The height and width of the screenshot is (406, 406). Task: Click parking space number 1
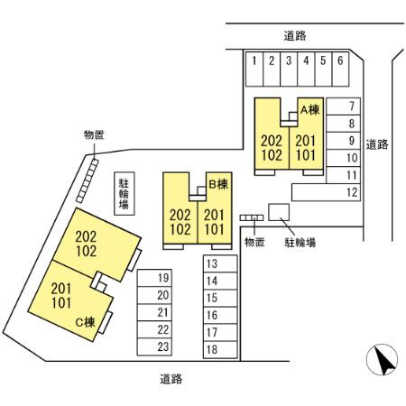click(x=254, y=69)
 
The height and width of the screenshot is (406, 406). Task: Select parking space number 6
click(x=340, y=69)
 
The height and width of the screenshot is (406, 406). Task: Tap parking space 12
click(x=326, y=192)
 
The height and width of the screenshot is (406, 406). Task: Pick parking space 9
click(x=343, y=141)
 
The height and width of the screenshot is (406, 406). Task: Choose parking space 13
click(x=220, y=263)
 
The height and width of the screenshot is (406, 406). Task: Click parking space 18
click(x=220, y=350)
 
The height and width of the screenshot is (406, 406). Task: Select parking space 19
click(x=154, y=278)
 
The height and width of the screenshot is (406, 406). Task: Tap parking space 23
click(x=154, y=346)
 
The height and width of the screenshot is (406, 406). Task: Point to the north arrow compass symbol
click(x=382, y=360)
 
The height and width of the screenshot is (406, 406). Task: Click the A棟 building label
click(x=309, y=110)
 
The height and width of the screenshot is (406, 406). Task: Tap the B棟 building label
click(x=218, y=184)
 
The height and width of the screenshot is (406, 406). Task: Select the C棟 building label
click(x=86, y=322)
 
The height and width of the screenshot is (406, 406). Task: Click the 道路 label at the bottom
click(x=171, y=379)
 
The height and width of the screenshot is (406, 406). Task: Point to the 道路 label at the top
click(x=295, y=36)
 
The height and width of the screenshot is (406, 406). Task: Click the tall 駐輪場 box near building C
click(x=125, y=193)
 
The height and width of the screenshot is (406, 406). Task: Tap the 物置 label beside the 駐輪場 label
click(x=254, y=242)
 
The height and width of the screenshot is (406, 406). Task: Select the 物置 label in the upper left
click(x=94, y=135)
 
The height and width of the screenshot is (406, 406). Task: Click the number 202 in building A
click(x=272, y=141)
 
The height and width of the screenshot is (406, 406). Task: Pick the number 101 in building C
click(x=61, y=303)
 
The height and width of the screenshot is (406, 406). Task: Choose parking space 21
click(x=154, y=312)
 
